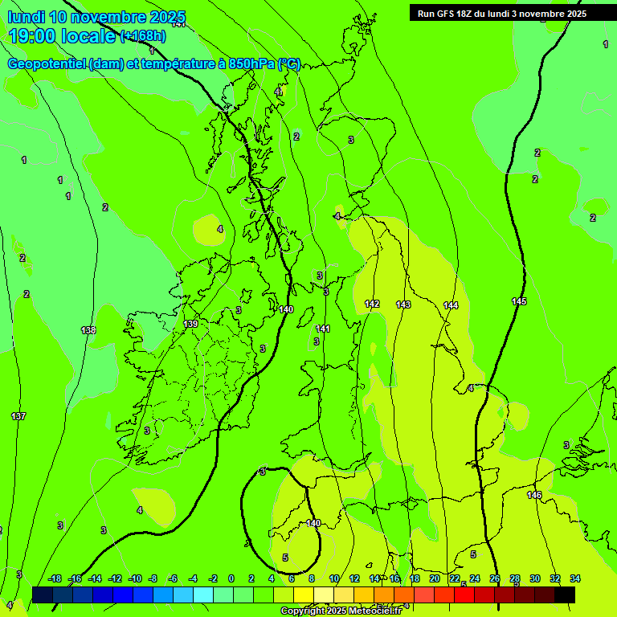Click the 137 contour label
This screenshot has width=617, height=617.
pos(18,416)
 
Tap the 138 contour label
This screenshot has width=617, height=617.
pos(88,330)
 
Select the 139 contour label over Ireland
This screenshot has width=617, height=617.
pos(190,324)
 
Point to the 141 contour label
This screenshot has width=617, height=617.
pos(323,329)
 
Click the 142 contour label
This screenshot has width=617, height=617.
pos(372,304)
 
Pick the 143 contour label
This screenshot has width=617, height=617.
pos(403,304)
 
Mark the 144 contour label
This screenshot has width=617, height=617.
pos(451,305)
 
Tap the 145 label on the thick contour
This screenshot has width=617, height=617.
pos(519,301)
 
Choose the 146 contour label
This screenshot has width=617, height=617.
pos(534,495)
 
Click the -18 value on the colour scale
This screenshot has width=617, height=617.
pos(55,578)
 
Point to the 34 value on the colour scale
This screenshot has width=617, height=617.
pos(574,578)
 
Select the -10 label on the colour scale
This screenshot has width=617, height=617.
pos(135,578)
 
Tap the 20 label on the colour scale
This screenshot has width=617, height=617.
pos(434,578)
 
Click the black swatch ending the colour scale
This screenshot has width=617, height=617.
pos(565,595)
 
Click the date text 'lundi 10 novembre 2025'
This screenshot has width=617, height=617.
pos(96,18)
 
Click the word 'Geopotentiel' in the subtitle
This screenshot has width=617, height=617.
pos(48,64)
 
